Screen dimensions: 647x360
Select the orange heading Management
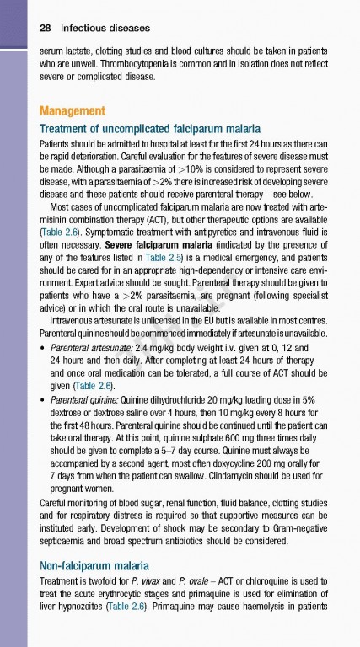73,111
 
